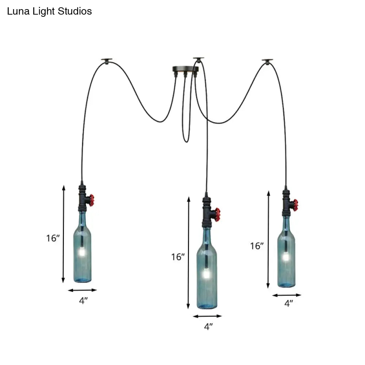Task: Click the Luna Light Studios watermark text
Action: pos(50,12)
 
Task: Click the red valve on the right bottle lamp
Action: pos(295,205)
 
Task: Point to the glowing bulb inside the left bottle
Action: pos(82,251)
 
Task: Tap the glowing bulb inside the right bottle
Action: pos(286,257)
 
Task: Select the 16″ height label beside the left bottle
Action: pos(53,238)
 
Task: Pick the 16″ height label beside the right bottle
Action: pos(257,246)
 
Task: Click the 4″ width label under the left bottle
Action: pos(84,301)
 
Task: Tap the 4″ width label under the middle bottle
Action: pos(208,327)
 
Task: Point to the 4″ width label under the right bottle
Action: pos(289,303)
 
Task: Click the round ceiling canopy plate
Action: pos(186,68)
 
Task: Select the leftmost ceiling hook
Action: pos(107,60)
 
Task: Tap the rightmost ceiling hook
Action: pos(267,61)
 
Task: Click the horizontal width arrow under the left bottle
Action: pos(82,290)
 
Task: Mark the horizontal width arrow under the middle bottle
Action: pos(207,316)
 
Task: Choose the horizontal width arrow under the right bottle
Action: pos(287,295)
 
